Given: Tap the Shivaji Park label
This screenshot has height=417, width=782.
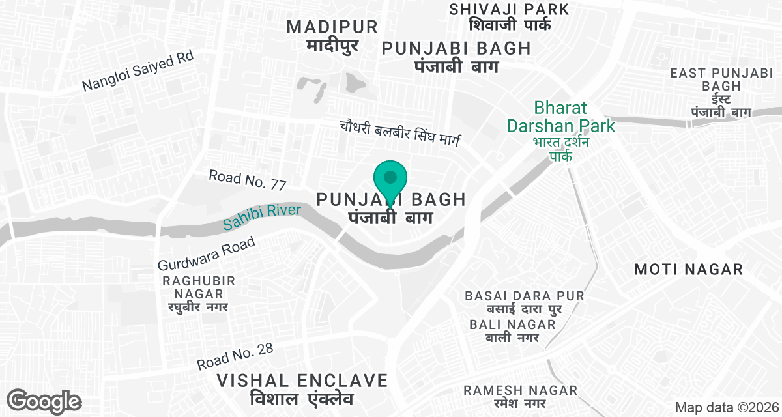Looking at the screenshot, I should click(509, 17).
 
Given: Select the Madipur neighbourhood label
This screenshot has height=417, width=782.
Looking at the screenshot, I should click(332, 36).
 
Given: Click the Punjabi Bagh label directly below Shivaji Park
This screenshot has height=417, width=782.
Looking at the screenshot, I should click(456, 57).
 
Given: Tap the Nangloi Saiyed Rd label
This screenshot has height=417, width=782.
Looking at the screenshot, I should click(139, 72).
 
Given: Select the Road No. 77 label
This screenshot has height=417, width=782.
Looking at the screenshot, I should click(248, 180).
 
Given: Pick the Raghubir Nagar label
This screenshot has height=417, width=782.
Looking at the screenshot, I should click(199, 293).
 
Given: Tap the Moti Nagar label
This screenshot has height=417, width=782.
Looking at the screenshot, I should click(688, 269).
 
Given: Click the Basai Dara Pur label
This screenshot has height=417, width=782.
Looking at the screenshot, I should click(525, 302).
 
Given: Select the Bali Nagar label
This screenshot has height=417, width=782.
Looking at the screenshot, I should click(512, 330).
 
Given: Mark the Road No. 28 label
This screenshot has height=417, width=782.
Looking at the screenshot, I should click(235, 357).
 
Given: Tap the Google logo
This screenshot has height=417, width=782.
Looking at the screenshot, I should click(44, 401).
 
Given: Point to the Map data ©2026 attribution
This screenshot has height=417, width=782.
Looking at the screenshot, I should click(725, 407).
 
